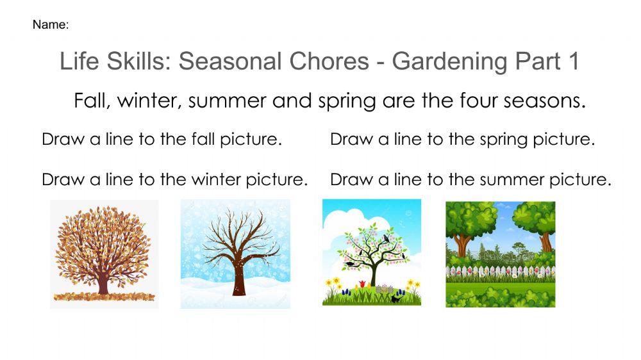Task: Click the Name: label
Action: [50, 25]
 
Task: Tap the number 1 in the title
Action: [572, 61]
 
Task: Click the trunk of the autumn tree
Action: [103, 282]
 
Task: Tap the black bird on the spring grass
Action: [397, 297]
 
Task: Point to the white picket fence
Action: [500, 272]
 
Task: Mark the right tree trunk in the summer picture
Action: [545, 241]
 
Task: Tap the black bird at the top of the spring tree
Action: [386, 238]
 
